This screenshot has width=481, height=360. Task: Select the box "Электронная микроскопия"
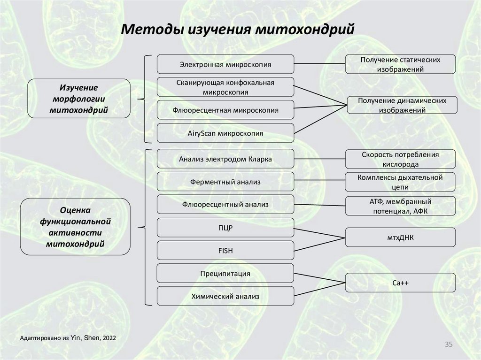(x=225, y=64)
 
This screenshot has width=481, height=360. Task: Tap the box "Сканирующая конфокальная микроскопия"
(x=225, y=87)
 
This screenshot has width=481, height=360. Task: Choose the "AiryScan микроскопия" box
(x=225, y=133)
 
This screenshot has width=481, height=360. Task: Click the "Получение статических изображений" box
(x=400, y=64)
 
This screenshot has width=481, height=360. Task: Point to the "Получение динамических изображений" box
(x=402, y=106)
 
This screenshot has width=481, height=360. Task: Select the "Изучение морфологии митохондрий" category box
(x=78, y=99)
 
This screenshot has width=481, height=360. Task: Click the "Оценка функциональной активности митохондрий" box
(x=75, y=226)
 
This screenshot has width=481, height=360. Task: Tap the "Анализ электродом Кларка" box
(x=225, y=159)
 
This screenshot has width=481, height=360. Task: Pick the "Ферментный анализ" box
(x=225, y=182)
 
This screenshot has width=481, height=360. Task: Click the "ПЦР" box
(x=225, y=228)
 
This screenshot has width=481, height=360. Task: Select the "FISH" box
(x=225, y=251)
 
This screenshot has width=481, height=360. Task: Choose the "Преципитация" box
(x=225, y=273)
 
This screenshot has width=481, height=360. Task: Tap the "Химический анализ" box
(x=225, y=296)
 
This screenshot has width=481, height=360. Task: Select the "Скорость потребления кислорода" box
(x=400, y=160)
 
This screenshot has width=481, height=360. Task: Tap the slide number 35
(x=448, y=345)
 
